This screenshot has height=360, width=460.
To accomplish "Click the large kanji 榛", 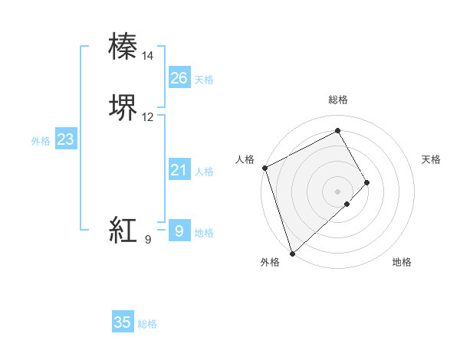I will click(124, 46).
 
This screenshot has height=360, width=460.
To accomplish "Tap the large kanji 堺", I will click(124, 108).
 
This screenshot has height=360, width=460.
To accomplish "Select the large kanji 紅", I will click(124, 229).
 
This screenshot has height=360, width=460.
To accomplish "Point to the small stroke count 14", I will click(148, 56).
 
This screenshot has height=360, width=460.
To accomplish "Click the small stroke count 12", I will click(148, 117).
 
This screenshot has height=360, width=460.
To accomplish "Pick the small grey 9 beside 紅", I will click(148, 240).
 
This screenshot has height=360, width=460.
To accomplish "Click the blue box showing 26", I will click(179, 78).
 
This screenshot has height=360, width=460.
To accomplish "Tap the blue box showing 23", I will click(66, 139).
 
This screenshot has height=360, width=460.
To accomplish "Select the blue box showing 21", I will click(179, 170).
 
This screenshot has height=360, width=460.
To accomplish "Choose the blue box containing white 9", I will click(179, 230).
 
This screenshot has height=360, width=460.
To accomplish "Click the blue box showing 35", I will click(123, 322).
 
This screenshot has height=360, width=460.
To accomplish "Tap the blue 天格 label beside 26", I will click(204, 80).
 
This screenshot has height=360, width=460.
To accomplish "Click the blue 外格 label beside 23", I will click(41, 141).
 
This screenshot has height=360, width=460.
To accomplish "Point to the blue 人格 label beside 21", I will click(204, 172).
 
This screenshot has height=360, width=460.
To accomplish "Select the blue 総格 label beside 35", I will click(148, 324).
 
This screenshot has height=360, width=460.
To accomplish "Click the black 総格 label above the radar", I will click(338, 100).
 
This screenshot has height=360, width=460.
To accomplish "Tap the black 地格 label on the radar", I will click(402, 263).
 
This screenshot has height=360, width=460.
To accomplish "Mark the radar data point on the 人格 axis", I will click(264, 168).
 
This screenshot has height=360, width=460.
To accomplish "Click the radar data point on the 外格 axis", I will click(291, 253).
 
